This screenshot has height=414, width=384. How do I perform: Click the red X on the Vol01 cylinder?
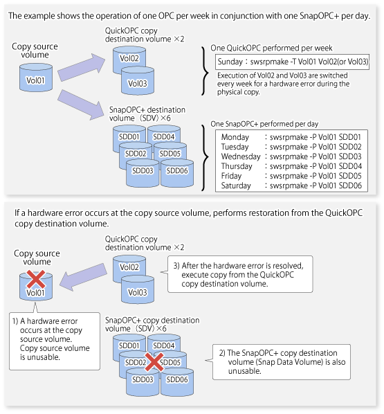(x=36, y=279)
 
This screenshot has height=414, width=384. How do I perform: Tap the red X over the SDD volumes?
(x=154, y=361)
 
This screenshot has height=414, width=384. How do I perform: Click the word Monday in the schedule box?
(x=235, y=137)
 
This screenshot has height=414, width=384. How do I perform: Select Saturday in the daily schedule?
(x=236, y=186)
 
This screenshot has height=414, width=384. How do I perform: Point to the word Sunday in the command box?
(x=230, y=62)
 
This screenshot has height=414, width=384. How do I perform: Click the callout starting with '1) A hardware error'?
(x=55, y=341)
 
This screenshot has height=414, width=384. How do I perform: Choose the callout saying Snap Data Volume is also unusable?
(x=282, y=362)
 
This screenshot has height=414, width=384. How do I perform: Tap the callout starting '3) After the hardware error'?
(x=239, y=274)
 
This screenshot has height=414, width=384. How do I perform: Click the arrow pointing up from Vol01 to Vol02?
(x=81, y=68)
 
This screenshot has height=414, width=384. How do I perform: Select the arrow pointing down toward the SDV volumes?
(x=81, y=105)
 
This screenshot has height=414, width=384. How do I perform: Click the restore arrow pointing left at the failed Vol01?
(x=84, y=277)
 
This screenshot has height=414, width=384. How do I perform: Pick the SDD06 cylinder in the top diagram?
(x=177, y=172)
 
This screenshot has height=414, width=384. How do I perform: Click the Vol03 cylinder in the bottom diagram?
(x=138, y=289)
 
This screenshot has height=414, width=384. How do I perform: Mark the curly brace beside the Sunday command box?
(x=205, y=71)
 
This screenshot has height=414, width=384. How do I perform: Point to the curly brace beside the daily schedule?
(x=205, y=158)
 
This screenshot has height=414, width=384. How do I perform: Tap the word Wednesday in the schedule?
(x=241, y=156)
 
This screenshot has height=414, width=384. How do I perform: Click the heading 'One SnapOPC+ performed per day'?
(x=264, y=124)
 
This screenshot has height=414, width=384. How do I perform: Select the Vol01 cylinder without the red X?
(x=36, y=78)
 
